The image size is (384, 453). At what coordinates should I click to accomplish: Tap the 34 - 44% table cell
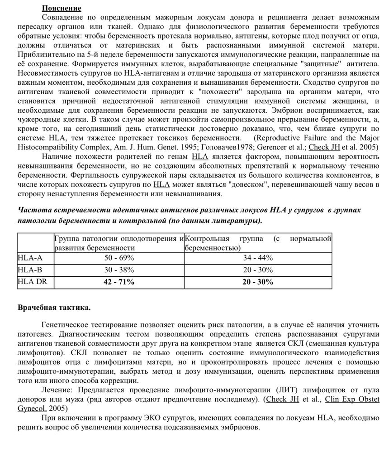pos(258,258)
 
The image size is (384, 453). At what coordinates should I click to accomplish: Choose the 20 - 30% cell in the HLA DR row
pos(258,282)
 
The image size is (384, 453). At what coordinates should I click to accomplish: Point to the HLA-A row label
pos(30,258)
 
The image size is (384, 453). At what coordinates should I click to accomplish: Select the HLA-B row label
pos(30,270)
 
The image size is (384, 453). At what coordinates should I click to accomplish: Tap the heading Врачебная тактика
pos(54,308)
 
